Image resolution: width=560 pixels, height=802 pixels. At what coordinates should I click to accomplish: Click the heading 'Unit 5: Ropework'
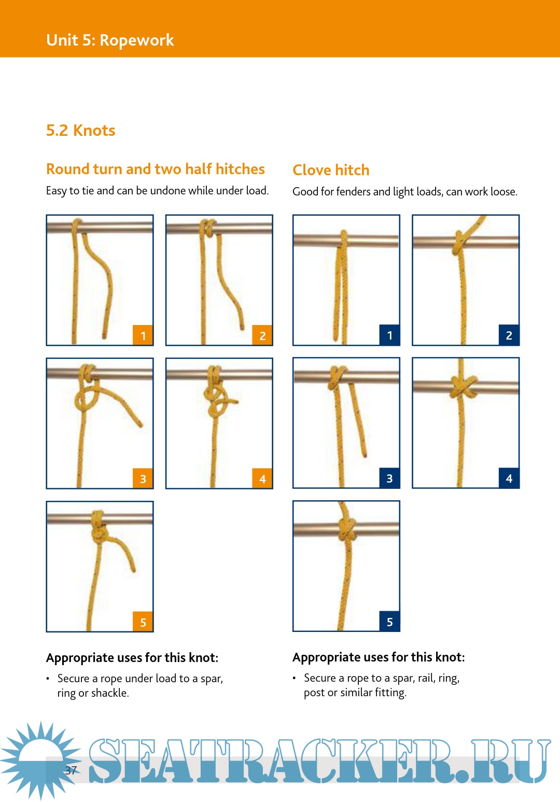pos(110,40)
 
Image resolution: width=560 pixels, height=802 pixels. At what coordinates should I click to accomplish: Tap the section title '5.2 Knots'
pos(80,130)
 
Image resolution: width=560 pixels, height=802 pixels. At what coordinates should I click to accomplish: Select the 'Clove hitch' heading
pos(331,170)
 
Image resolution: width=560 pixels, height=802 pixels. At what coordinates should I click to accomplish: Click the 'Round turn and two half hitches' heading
pos(156,169)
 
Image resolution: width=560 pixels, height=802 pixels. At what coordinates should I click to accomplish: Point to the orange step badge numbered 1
pos(143,335)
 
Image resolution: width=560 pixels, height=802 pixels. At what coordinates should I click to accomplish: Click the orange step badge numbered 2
pos(262,335)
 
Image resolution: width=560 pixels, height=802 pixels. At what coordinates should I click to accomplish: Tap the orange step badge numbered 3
pos(143,479)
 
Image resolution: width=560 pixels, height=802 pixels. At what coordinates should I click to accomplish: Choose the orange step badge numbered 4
pos(262,479)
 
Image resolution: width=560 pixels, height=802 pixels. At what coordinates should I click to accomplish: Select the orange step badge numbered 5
pos(143,622)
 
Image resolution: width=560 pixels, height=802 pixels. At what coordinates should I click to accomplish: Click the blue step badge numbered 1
pos(389,335)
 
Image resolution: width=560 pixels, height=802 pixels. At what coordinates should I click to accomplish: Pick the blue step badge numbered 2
pos(509,335)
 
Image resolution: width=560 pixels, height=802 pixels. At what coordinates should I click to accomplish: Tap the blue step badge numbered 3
pos(389,478)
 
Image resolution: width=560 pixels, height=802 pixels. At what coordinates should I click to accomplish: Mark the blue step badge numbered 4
pos(509,478)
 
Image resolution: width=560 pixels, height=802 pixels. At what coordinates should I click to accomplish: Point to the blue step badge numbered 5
pos(389,622)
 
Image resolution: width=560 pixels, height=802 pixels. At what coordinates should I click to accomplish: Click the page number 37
pos(71,770)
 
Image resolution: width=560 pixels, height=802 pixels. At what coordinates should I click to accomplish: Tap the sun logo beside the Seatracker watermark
pos(40,760)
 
